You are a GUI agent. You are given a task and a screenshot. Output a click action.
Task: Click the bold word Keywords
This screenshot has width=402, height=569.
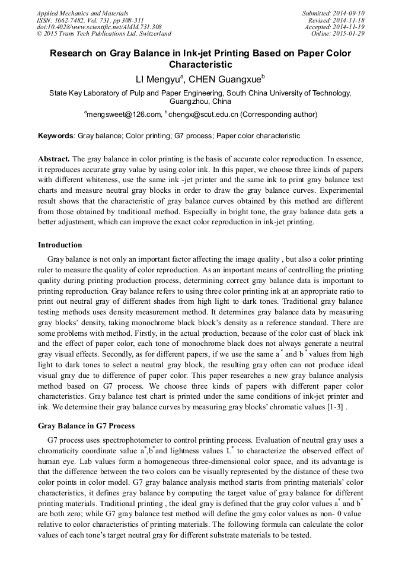[x=56, y=136]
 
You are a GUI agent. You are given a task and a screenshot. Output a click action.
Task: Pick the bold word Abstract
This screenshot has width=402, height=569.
[x=53, y=159]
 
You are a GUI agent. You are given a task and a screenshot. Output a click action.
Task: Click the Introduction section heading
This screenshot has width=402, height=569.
[x=60, y=244]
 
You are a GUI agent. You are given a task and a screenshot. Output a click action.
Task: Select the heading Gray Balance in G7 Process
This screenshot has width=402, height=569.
[x=86, y=425]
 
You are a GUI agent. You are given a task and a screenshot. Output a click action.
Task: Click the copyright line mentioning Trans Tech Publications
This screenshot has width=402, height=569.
[x=104, y=34]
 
